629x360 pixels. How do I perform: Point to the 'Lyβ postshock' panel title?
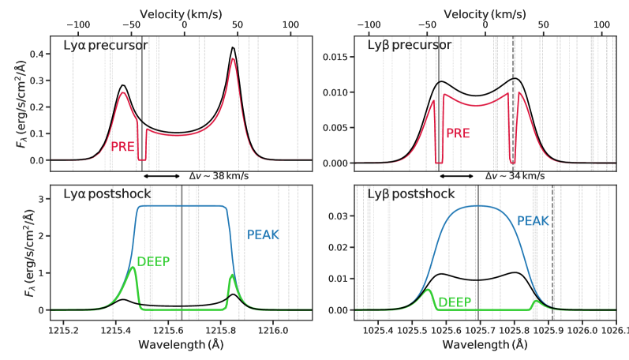[410, 194]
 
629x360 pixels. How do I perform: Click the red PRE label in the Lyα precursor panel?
[123, 146]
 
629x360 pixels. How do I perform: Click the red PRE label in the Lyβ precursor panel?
[459, 133]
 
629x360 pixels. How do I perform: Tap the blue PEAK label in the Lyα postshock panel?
[263, 235]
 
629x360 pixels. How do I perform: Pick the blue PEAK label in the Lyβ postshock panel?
[533, 221]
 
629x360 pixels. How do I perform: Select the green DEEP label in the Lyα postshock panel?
[154, 262]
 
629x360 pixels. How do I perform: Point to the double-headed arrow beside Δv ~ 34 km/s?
[455, 177]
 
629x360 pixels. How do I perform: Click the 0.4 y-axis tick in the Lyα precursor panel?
[35, 54]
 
